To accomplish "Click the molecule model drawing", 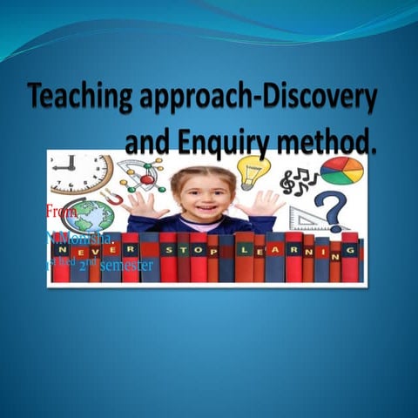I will (139, 174).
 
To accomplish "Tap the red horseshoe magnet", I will (112, 197).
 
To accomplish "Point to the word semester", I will (127, 266).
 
